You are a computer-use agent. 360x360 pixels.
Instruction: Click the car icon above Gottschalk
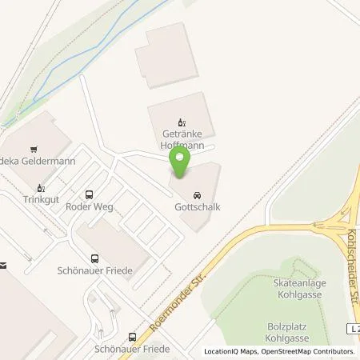pos(196,195)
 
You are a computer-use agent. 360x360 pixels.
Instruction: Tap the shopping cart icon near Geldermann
pos(33,148)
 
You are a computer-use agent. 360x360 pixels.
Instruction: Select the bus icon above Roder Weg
pos(88,194)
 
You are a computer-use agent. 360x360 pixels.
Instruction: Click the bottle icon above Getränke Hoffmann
pos(180,123)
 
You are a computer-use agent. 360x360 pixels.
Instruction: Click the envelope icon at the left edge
pos(3,265)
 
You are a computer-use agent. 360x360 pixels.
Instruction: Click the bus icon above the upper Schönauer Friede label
pos(95,258)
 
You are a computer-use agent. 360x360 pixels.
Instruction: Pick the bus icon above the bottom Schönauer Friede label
pos(131,337)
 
